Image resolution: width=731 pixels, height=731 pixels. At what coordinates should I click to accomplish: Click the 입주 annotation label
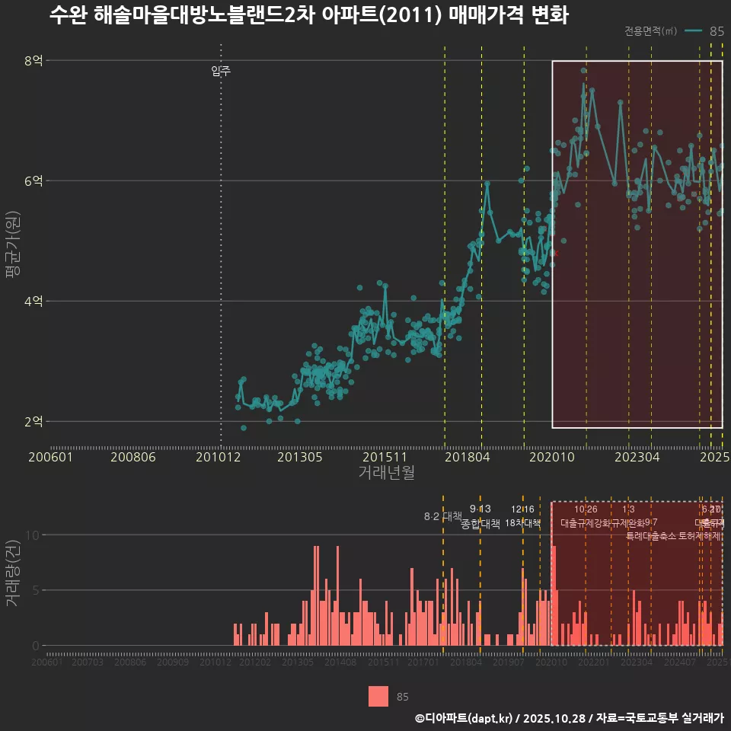221,72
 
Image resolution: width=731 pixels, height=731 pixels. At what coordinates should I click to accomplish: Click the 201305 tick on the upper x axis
300,457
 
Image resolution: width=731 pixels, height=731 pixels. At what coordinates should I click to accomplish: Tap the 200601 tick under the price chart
50,457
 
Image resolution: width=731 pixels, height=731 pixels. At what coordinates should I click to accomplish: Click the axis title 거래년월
387,473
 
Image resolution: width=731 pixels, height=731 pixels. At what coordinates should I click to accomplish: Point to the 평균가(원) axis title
12,241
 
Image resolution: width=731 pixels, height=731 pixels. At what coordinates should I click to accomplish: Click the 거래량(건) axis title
12,573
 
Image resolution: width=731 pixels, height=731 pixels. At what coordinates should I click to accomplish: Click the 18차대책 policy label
522,523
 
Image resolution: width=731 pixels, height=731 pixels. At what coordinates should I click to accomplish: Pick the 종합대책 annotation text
480,524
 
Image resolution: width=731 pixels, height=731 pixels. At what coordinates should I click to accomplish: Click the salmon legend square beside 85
378,696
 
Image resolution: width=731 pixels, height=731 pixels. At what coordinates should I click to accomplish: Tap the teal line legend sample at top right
693,31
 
